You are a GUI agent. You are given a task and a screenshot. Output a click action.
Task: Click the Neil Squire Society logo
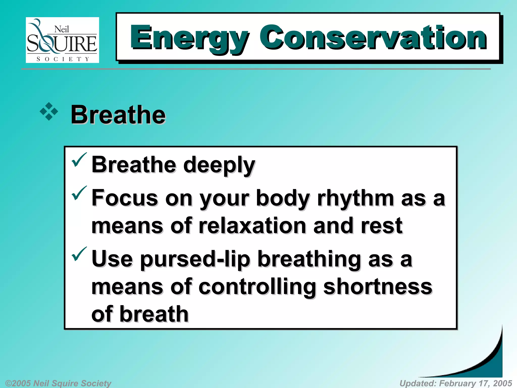(62, 40)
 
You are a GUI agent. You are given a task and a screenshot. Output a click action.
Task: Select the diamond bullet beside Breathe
(49, 111)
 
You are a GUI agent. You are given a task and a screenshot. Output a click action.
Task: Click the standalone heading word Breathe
(118, 115)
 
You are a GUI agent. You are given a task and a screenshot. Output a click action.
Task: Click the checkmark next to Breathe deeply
(79, 160)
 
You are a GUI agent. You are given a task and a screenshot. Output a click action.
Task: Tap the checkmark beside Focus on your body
(79, 193)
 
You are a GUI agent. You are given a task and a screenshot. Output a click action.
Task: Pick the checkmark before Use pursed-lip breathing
(79, 254)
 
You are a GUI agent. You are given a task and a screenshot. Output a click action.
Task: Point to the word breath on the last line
(154, 314)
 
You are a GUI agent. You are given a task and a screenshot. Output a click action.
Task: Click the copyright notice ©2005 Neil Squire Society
(58, 383)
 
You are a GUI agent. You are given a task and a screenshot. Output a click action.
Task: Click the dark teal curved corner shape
(490, 364)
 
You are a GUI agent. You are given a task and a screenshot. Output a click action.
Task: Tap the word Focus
(125, 198)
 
